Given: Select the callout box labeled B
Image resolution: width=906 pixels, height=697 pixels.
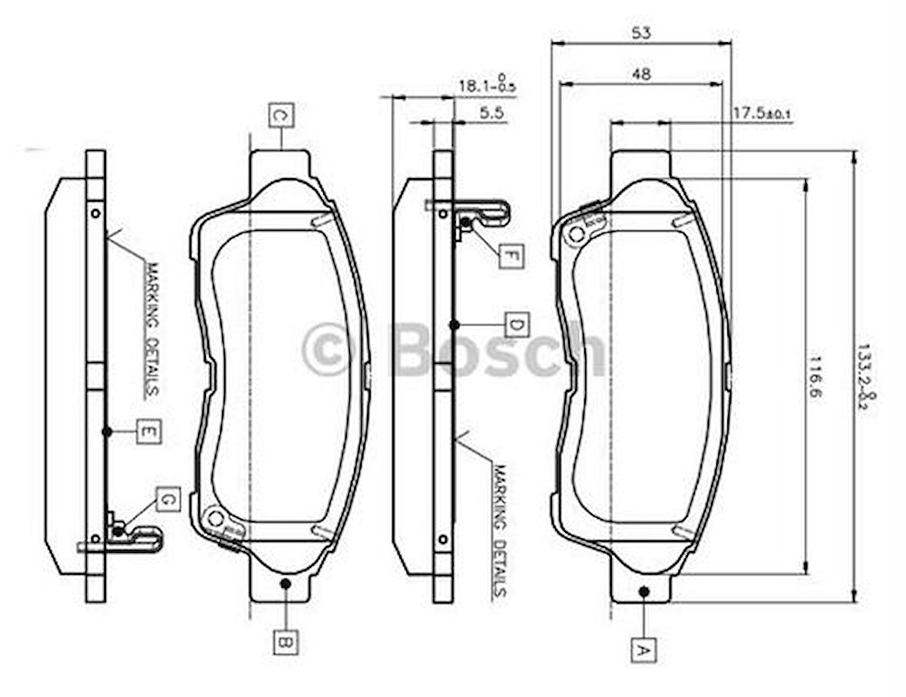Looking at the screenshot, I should (x=285, y=641).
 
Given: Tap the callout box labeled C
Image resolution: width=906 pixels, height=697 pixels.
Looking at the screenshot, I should (x=281, y=115).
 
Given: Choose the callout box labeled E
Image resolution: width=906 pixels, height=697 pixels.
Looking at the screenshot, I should (x=149, y=432).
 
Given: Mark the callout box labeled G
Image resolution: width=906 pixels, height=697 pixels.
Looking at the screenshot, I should (x=167, y=500).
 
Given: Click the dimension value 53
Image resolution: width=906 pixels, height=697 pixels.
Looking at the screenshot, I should (x=641, y=32).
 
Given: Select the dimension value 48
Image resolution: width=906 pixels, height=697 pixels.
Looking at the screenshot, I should (x=641, y=74).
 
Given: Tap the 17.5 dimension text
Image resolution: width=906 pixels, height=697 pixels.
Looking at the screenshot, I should (x=760, y=114).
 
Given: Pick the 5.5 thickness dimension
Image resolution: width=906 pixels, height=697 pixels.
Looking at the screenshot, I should (x=491, y=113).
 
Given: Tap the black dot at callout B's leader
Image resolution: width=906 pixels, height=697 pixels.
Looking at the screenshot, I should (x=285, y=583).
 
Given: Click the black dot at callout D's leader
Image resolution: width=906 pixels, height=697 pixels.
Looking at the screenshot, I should (x=454, y=325).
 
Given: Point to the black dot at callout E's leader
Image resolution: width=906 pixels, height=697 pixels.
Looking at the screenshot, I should (x=107, y=432).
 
